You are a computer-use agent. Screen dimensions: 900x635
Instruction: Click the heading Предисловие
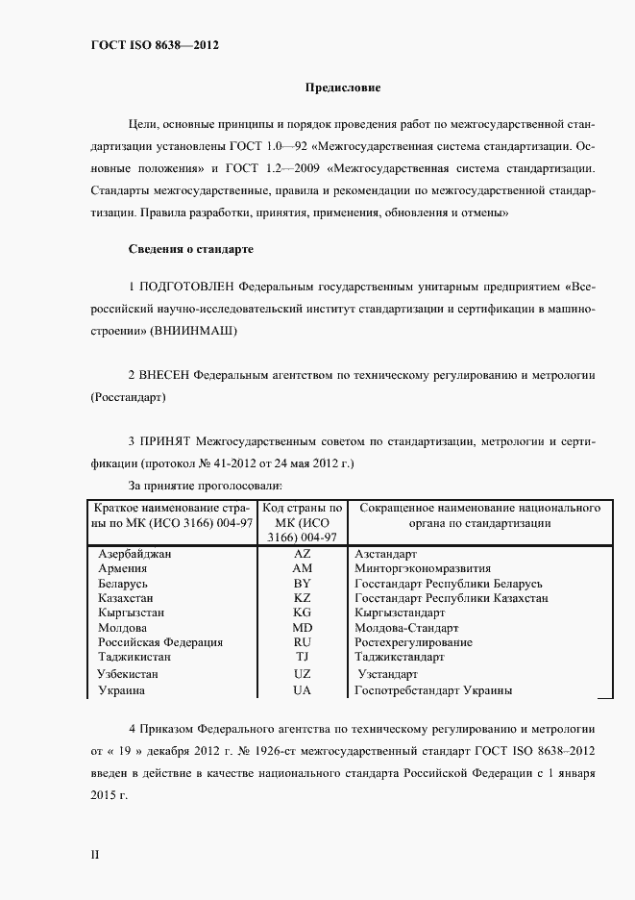coord(343,88)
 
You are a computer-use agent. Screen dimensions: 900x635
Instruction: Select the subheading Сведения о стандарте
coord(190,249)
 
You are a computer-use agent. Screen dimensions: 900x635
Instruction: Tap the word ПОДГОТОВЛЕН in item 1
coord(186,287)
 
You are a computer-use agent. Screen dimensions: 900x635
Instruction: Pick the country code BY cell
coord(302,584)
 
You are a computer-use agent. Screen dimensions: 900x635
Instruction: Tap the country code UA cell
coord(302,690)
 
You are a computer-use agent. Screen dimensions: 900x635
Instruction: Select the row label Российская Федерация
coord(160,642)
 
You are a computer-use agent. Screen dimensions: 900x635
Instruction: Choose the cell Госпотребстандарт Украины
coord(432,690)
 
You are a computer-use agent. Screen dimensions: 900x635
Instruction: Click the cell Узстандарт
coord(387,674)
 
